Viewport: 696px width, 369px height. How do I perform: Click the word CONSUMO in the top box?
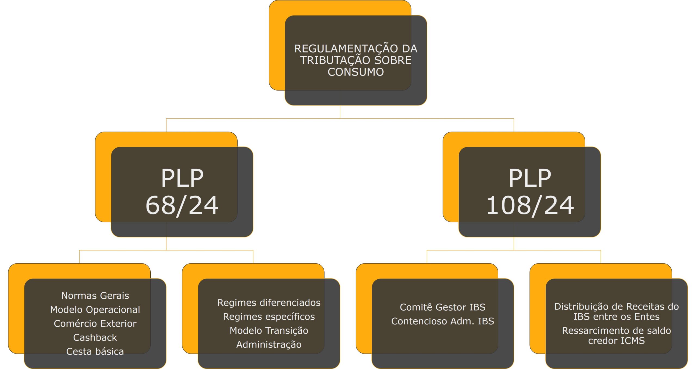tap(355, 72)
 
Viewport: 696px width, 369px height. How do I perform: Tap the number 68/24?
tap(182, 205)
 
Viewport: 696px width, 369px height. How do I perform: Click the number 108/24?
tap(530, 205)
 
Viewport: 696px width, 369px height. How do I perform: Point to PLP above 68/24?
tap(182, 178)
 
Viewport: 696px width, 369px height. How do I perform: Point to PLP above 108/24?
tap(530, 178)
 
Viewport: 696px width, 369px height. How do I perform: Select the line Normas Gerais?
tap(95, 296)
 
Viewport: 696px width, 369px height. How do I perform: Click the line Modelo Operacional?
tap(95, 309)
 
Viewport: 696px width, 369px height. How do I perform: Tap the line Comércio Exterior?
tap(95, 324)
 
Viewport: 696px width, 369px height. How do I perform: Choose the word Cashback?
tap(95, 337)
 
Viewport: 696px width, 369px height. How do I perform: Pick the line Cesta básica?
tap(95, 352)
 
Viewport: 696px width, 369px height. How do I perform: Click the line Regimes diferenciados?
tap(269, 303)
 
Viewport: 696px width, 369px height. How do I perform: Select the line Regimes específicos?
tap(269, 317)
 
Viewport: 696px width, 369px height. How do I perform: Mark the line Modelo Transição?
tap(269, 331)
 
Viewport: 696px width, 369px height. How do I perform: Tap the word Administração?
tap(269, 345)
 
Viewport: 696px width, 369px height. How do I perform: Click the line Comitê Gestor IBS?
tap(443, 307)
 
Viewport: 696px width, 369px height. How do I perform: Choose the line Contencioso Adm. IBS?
tap(443, 321)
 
